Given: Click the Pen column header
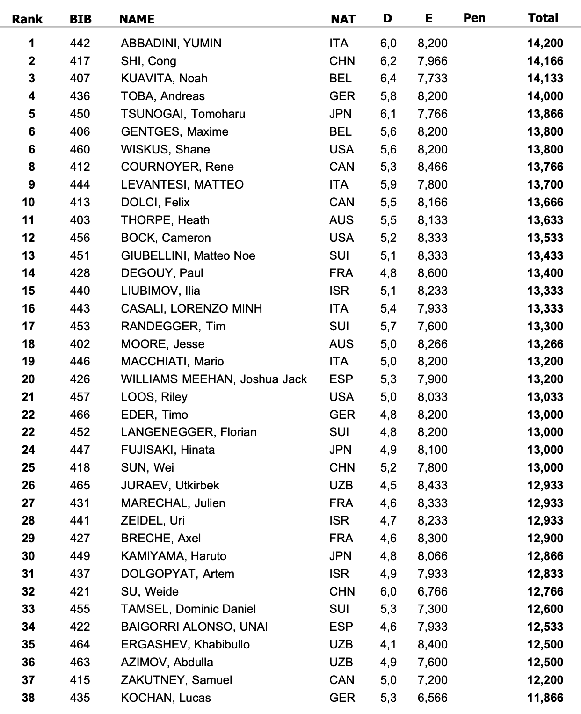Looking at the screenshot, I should pyautogui.click(x=474, y=18).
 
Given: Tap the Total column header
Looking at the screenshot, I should pyautogui.click(x=543, y=18).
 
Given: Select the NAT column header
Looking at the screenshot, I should pyautogui.click(x=343, y=19).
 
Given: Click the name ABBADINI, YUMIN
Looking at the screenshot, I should pyautogui.click(x=171, y=44).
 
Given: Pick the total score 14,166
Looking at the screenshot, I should pyautogui.click(x=545, y=61).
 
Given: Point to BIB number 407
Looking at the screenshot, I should pyautogui.click(x=80, y=79).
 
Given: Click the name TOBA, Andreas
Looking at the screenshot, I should pyautogui.click(x=163, y=96).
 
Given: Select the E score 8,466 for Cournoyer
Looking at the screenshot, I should pyautogui.click(x=432, y=167).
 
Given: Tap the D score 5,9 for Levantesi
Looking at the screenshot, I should pyautogui.click(x=388, y=185).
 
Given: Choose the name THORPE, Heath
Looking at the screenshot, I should pyautogui.click(x=165, y=220).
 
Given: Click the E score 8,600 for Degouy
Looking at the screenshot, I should pyautogui.click(x=432, y=273).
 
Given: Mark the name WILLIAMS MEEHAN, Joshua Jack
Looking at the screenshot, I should pyautogui.click(x=214, y=379).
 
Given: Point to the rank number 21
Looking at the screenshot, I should pyautogui.click(x=28, y=397).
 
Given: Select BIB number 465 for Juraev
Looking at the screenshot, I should pyautogui.click(x=80, y=486).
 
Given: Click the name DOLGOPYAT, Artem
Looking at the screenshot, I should pyautogui.click(x=177, y=574).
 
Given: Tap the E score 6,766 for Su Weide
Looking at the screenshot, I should pyautogui.click(x=432, y=592).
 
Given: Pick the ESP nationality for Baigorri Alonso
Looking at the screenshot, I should pyautogui.click(x=341, y=627).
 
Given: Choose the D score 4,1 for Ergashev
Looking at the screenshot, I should pyautogui.click(x=388, y=645).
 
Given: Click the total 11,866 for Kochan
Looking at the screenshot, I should pyautogui.click(x=545, y=698).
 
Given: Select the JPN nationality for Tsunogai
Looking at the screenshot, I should pyautogui.click(x=340, y=114).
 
